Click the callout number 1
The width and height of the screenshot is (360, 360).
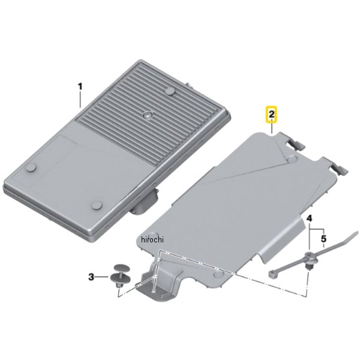[80, 87]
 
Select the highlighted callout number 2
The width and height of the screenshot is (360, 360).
[272, 114]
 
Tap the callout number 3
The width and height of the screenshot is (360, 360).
[91, 277]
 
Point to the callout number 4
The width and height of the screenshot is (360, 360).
[309, 218]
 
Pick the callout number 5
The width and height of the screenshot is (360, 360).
[323, 239]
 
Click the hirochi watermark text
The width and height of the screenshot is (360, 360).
[152, 240]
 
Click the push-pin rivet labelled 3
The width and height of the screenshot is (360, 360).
[121, 275]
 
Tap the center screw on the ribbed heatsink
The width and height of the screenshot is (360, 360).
[147, 115]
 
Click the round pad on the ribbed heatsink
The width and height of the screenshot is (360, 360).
[171, 91]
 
